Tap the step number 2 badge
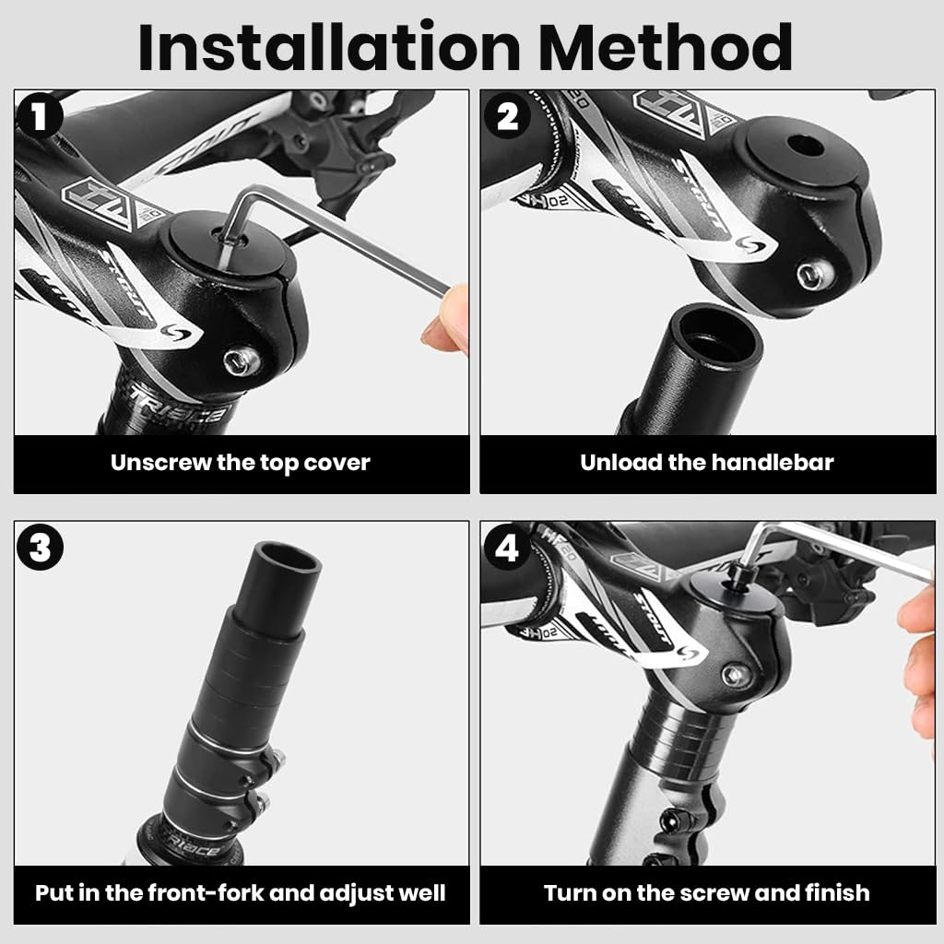507,117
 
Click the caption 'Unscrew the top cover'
240,463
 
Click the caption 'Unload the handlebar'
706,463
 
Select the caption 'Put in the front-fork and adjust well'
240,892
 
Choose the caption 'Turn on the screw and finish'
706,892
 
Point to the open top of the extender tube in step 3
283,560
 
